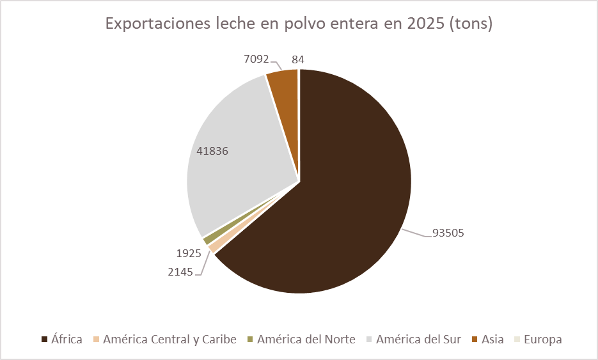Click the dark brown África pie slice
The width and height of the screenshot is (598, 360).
[x=333, y=205]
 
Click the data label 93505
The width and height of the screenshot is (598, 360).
[x=448, y=233]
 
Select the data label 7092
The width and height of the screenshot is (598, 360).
[x=256, y=59]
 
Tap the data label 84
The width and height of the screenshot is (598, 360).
[x=297, y=59]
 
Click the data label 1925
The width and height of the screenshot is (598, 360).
[x=189, y=253]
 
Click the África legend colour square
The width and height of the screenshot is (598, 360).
[x=45, y=340]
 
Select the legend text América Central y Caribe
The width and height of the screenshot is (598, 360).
[x=169, y=340]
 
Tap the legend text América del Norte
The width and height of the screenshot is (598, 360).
[x=306, y=340]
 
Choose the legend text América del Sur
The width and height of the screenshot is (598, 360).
[x=418, y=340]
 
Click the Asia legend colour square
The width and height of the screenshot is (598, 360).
[x=475, y=340]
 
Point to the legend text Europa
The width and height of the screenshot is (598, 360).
[x=542, y=340]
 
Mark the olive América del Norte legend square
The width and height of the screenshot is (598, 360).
[x=250, y=340]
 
